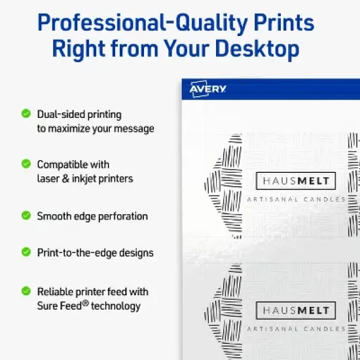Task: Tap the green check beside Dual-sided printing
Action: click(x=26, y=114)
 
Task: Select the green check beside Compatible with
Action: click(x=26, y=164)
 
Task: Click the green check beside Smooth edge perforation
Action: click(x=26, y=215)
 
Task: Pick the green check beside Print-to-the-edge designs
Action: click(x=26, y=251)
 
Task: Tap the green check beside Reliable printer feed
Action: click(x=26, y=291)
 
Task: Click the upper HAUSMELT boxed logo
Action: click(x=296, y=181)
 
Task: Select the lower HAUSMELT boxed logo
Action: click(x=296, y=310)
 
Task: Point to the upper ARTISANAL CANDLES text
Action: click(x=296, y=199)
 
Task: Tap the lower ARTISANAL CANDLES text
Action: click(x=296, y=328)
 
